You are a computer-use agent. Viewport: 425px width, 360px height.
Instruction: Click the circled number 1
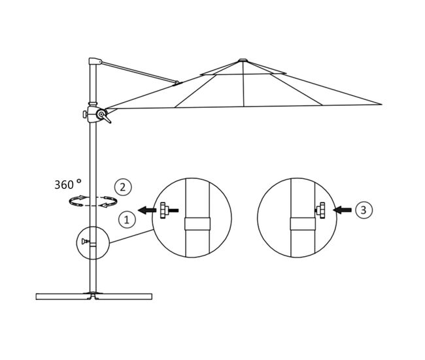coord(127,220)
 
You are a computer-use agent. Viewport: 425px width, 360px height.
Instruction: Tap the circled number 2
coord(123,187)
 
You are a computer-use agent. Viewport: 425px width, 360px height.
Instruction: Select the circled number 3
coord(364,210)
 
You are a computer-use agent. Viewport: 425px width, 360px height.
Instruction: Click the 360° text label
coord(68,184)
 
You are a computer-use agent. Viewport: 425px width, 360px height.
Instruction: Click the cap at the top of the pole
coord(95,61)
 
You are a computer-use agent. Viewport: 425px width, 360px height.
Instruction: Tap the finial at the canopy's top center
coord(243,60)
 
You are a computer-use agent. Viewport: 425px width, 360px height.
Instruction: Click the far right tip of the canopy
coord(382,105)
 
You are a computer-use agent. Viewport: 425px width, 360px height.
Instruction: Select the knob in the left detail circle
coord(163,210)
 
